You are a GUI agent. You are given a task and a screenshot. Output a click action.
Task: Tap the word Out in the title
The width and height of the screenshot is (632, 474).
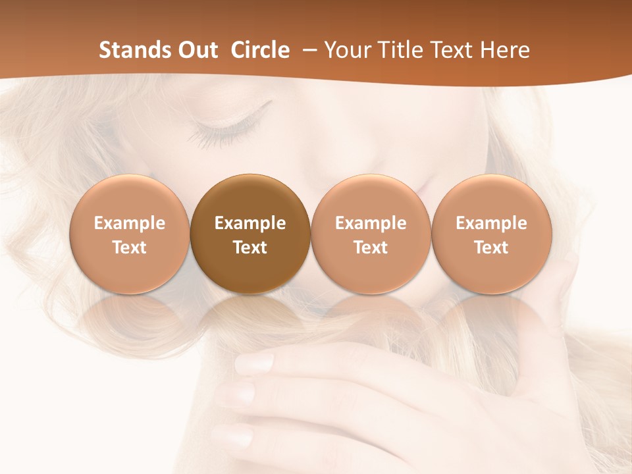(196, 50)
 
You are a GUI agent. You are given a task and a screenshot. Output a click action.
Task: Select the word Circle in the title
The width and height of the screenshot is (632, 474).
(260, 50)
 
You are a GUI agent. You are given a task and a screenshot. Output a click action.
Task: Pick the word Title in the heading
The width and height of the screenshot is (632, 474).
(402, 50)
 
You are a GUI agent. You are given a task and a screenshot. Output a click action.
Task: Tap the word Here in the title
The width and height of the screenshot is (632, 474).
(505, 50)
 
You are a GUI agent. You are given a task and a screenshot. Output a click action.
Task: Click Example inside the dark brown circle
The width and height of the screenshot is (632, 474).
(250, 223)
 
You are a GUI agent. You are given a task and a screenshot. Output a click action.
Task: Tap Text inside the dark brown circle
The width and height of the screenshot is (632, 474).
(250, 248)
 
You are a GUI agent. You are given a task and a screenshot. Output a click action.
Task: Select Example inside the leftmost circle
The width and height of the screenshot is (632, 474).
(130, 223)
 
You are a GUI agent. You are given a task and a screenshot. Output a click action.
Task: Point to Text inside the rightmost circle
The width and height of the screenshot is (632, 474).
(492, 248)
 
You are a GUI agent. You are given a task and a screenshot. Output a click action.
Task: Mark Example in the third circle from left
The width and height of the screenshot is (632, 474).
(371, 223)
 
